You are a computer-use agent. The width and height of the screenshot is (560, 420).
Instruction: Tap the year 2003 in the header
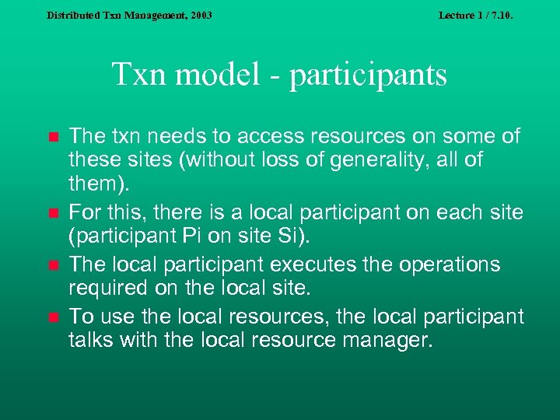coord(199,15)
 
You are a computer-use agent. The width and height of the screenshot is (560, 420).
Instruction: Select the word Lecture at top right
coord(457,15)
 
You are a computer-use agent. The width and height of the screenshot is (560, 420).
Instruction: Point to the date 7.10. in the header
coord(501,15)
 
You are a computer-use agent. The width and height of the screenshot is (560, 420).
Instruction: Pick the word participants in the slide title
coord(369,75)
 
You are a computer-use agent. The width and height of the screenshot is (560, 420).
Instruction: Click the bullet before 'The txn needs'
coord(53,138)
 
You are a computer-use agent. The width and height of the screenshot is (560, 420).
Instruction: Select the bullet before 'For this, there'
coord(53,212)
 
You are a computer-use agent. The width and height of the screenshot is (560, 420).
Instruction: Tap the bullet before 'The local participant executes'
coord(53,265)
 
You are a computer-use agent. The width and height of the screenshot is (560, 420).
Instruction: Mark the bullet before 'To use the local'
coord(53,317)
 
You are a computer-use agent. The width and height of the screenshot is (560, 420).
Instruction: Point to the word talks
coord(92,340)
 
